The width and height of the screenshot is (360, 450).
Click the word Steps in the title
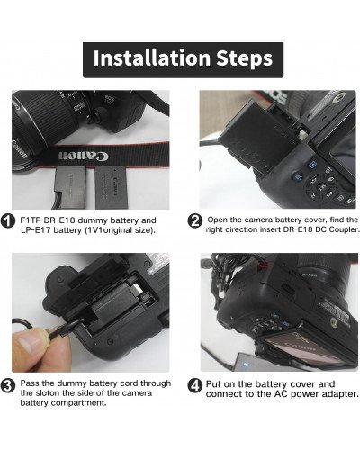tap(237, 59)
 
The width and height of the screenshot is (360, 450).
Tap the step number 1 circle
tap(8, 220)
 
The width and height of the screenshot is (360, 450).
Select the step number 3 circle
tap(8, 387)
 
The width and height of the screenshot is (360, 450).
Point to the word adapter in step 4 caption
tap(338, 393)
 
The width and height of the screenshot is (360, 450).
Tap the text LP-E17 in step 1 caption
tap(37, 231)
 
